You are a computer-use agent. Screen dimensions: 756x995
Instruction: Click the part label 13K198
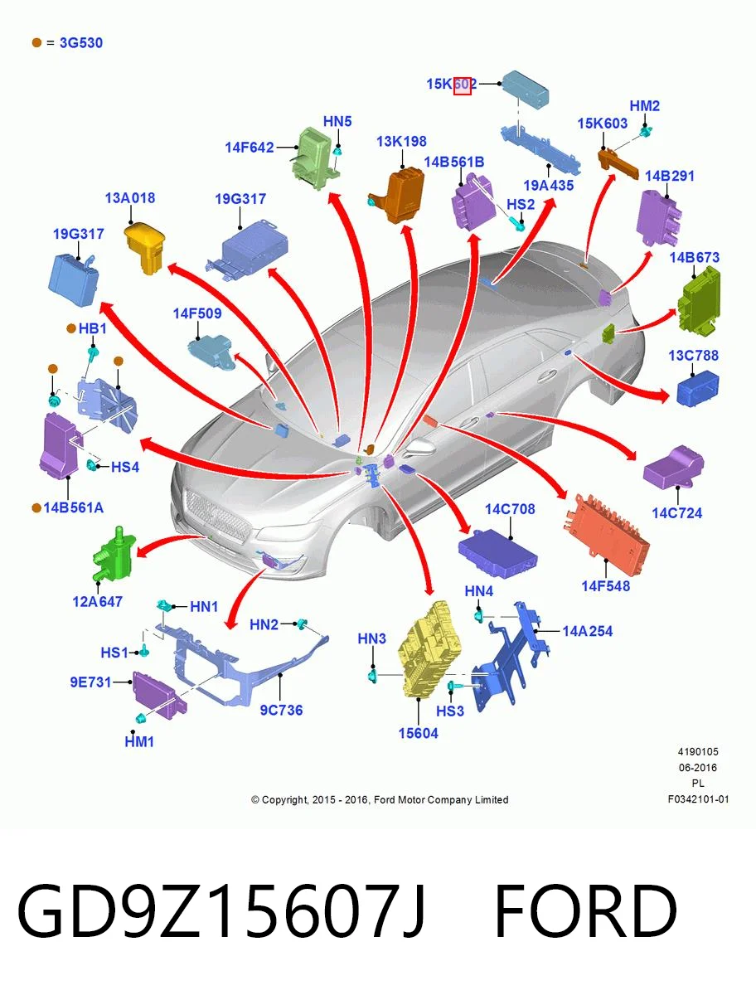(401, 142)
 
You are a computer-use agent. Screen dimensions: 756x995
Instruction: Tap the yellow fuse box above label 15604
(429, 649)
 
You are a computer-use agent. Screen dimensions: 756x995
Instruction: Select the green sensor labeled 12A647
(114, 554)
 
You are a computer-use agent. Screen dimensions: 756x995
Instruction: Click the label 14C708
(510, 509)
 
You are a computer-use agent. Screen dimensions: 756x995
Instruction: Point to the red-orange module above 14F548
(607, 529)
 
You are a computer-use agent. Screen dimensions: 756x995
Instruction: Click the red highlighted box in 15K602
(462, 85)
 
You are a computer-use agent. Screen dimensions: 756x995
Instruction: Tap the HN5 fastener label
(337, 122)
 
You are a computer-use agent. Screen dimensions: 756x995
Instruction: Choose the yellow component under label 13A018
(144, 248)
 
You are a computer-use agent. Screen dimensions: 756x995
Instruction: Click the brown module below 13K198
(399, 195)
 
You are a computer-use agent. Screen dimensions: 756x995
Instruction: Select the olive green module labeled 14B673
(699, 299)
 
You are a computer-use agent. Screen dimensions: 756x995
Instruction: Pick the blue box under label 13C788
(698, 388)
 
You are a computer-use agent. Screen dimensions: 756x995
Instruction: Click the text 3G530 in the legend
(81, 42)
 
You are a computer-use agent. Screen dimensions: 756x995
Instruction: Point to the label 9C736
(281, 710)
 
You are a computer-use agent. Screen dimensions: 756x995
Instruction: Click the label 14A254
(587, 631)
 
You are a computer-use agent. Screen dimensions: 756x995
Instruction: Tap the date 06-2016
(698, 768)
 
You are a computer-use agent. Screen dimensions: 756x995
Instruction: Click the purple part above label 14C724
(674, 467)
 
